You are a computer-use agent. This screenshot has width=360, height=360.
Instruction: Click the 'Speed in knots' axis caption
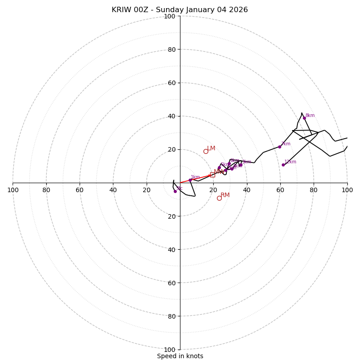pos(180,356)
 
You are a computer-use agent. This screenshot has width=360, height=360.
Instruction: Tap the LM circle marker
pos(206,151)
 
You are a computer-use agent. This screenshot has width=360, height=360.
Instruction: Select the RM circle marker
pos(219,198)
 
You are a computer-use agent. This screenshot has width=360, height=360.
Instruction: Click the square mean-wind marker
pos(212,175)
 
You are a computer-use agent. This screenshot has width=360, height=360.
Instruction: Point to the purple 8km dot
pos(304,118)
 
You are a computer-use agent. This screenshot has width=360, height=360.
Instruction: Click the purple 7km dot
pos(279,147)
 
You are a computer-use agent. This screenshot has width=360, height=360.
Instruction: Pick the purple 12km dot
pos(283,165)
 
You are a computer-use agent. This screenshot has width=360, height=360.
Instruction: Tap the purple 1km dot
pos(190,180)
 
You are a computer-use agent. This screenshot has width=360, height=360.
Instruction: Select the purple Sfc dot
pos(175,191)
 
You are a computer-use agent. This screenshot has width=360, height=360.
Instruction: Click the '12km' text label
pos(290,162)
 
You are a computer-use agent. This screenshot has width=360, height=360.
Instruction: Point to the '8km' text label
pos(310,116)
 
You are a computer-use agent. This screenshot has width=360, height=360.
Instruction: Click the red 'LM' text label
pos(211,148)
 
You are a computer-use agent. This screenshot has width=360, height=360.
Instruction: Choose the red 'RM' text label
pos(225,195)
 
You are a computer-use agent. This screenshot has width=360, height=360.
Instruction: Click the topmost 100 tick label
pos(170,16)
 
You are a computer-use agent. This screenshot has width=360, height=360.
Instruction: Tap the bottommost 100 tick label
pos(170,350)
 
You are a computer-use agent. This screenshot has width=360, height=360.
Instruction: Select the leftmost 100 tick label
pos(13,190)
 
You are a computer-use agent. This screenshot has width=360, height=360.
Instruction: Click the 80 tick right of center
pos(314,190)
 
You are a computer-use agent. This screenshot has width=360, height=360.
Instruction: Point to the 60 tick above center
pos(171,83)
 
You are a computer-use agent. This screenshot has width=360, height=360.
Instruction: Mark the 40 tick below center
pos(171,250)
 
